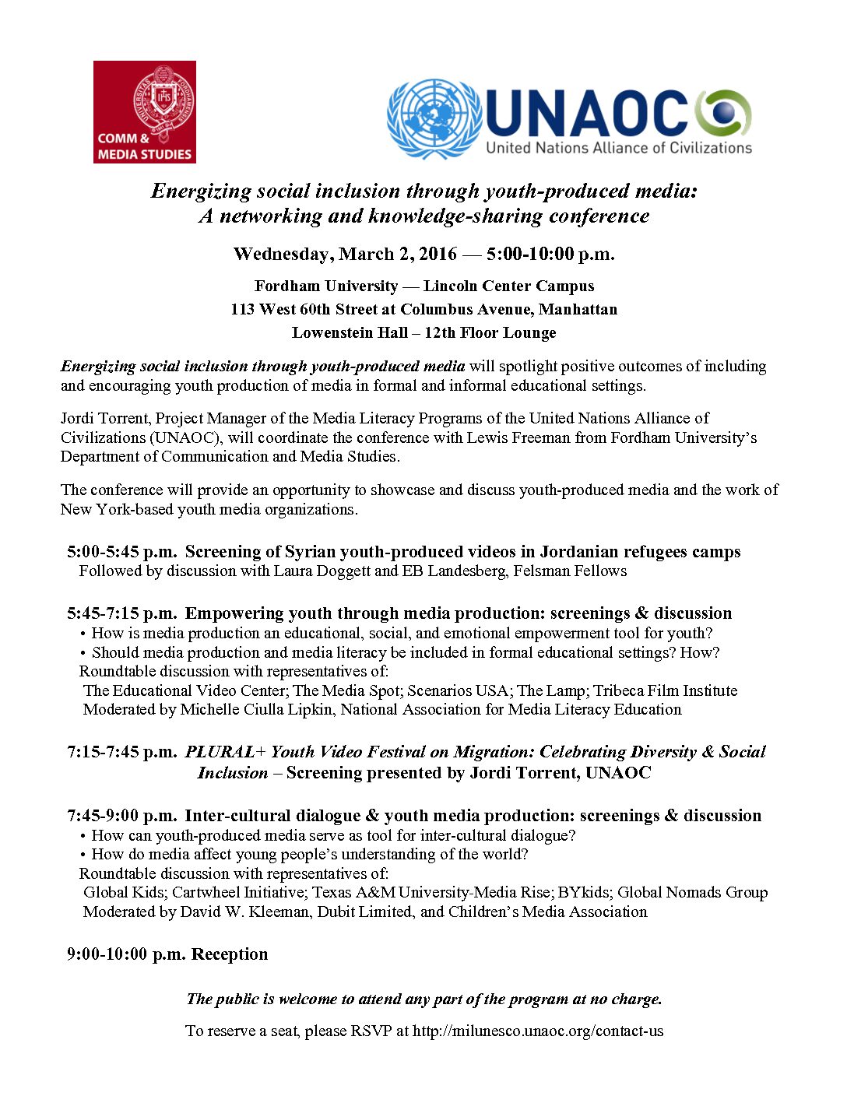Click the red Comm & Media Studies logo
(145, 112)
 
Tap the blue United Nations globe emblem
(434, 119)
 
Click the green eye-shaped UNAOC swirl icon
(724, 114)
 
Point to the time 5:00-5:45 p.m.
(122, 552)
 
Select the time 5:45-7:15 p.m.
(122, 613)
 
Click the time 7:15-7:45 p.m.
(122, 752)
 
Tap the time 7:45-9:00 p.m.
(122, 816)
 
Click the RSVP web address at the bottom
(538, 1031)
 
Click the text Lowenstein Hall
(350, 333)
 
